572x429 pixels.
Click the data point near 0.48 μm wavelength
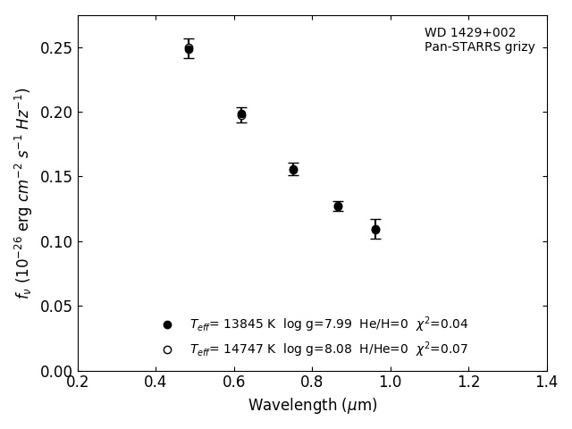point(189,49)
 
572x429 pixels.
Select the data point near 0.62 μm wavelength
point(241,114)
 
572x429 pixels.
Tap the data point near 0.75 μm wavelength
point(293,169)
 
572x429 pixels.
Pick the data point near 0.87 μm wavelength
point(338,206)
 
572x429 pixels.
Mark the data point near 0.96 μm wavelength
point(375,230)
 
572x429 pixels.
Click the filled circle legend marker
point(167,324)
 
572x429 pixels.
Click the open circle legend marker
point(167,349)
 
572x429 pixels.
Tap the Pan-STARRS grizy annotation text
point(479,47)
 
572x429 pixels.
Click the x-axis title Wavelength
point(312,406)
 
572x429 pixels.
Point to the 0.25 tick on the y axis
point(52,48)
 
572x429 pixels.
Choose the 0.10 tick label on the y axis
point(52,242)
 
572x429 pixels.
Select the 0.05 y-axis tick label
point(52,307)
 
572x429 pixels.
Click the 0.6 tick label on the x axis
point(234,383)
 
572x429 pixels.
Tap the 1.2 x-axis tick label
point(468,383)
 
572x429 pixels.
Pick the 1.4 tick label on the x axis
point(546,383)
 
